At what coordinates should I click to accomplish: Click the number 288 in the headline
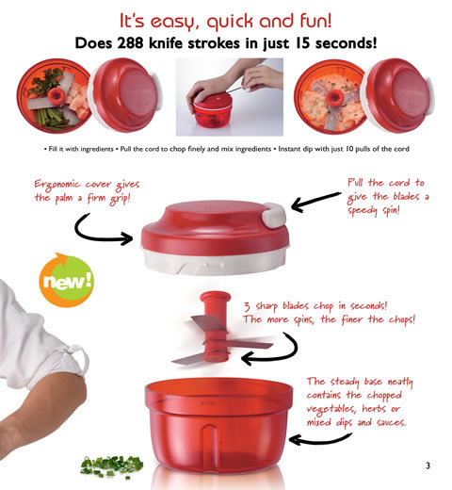point(164,42)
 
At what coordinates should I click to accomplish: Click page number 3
point(427,465)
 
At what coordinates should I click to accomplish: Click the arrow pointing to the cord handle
point(315,200)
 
